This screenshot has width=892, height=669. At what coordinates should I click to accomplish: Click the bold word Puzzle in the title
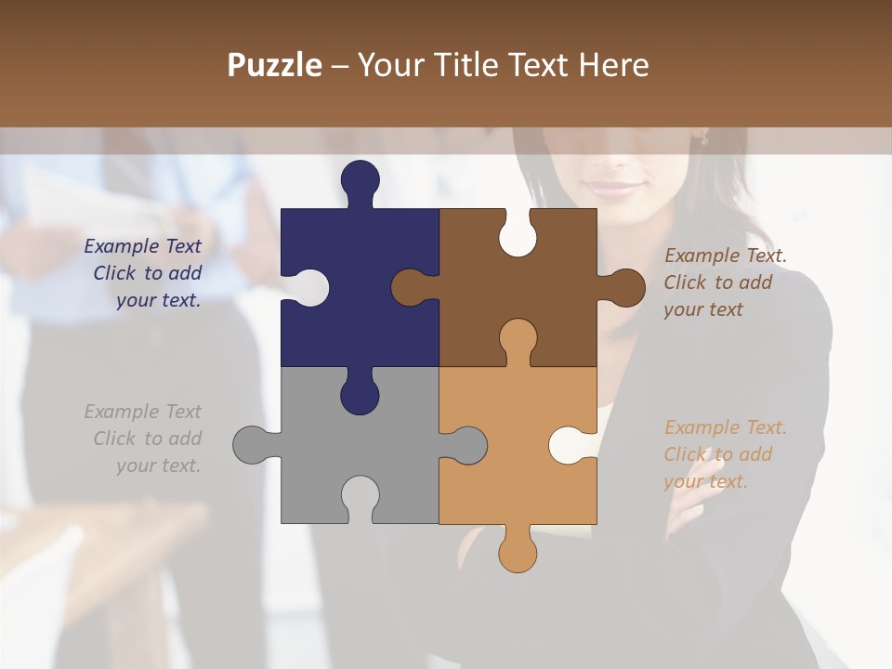click(x=275, y=66)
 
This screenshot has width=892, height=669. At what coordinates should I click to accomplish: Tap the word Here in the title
click(x=613, y=66)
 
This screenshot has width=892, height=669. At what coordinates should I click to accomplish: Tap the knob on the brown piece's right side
click(x=625, y=288)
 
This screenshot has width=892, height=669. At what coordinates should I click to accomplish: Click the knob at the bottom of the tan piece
click(x=518, y=552)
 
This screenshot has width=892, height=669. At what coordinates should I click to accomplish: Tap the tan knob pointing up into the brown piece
click(x=518, y=338)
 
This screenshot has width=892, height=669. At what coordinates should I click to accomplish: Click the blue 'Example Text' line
click(x=143, y=246)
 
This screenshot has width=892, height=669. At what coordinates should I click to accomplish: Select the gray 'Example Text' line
click(x=143, y=412)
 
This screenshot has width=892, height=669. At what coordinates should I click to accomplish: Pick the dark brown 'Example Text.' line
click(x=726, y=256)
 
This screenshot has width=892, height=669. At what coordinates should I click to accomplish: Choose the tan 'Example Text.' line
click(x=726, y=427)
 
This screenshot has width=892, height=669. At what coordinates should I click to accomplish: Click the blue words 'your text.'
click(x=158, y=300)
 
